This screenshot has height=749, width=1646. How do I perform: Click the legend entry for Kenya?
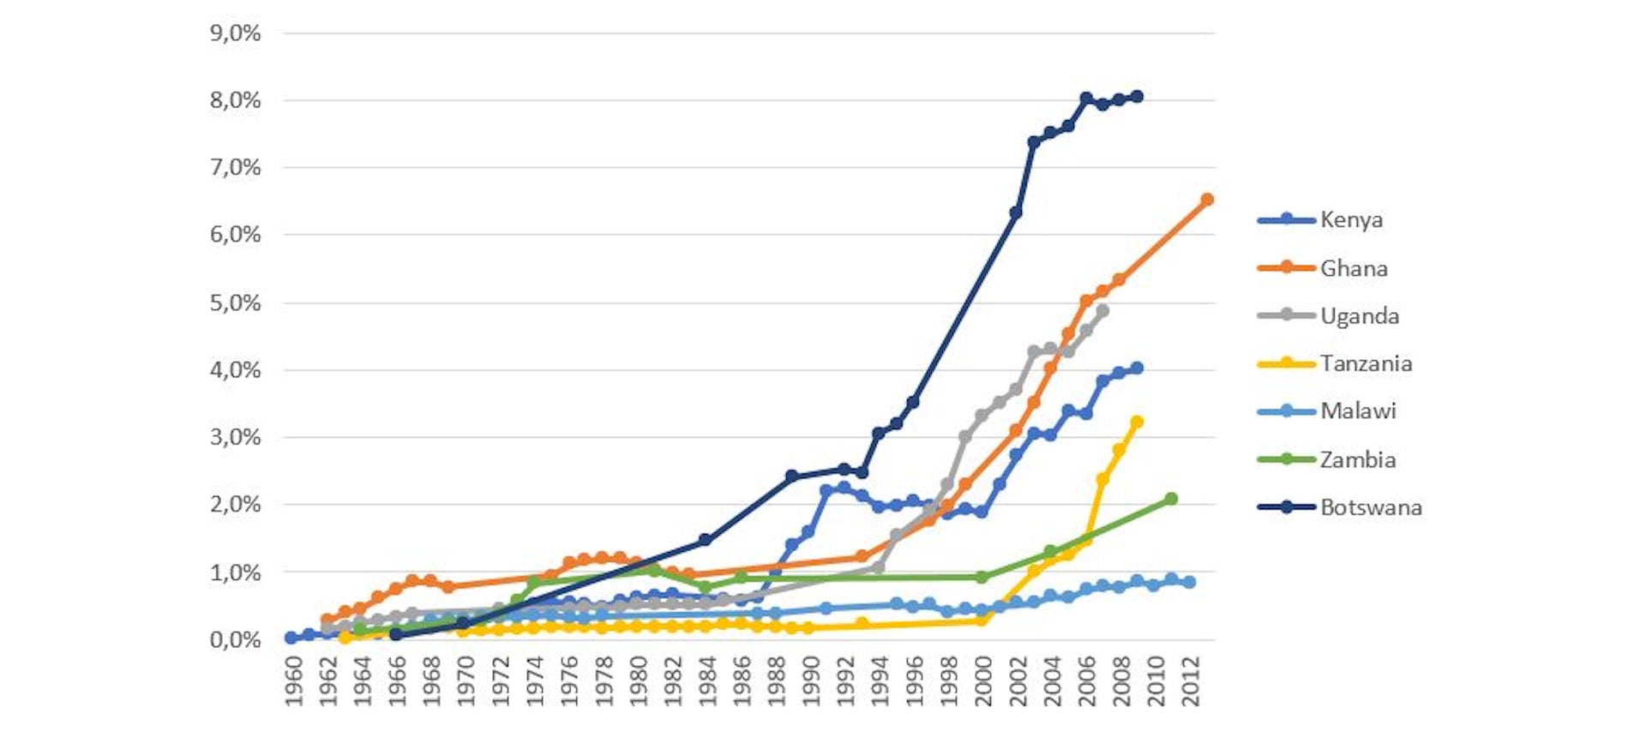click(1351, 220)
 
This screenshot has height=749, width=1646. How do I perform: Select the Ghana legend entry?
click(1353, 268)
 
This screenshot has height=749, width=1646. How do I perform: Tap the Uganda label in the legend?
click(1359, 316)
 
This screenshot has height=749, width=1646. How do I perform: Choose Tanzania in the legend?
click(1365, 363)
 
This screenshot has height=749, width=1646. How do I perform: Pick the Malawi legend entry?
click(1357, 411)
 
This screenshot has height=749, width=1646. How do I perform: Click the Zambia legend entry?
click(1357, 460)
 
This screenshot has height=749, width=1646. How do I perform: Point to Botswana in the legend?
click(1370, 507)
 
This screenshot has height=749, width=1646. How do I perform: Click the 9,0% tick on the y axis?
click(235, 33)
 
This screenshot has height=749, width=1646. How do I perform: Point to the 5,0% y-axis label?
click(235, 303)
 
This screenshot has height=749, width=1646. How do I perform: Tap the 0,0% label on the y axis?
click(235, 640)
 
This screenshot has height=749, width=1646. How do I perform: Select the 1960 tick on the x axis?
click(293, 682)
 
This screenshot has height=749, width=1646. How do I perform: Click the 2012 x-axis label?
click(1190, 682)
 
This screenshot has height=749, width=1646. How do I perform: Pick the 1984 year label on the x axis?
click(707, 682)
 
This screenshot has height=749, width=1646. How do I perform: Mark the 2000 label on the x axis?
click(983, 682)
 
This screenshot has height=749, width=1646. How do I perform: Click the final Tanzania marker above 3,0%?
click(1137, 422)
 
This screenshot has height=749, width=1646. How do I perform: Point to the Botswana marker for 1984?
click(706, 540)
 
